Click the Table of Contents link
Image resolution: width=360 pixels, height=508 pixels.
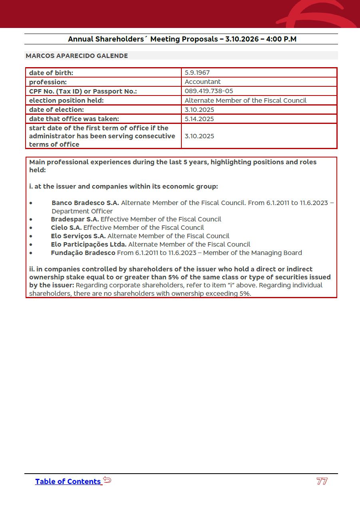click(x=68, y=482)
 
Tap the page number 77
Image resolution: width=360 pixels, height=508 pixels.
click(x=322, y=481)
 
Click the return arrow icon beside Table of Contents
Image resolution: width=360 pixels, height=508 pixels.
click(x=107, y=480)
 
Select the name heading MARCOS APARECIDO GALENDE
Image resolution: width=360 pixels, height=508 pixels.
click(x=77, y=56)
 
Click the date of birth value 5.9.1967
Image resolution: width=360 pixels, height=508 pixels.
click(x=197, y=73)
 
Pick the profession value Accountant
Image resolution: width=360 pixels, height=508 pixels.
click(x=203, y=82)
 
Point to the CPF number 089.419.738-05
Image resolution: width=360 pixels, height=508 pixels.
click(x=209, y=91)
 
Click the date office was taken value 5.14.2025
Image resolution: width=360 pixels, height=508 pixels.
click(x=199, y=119)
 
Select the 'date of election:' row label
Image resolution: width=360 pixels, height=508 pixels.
click(x=56, y=110)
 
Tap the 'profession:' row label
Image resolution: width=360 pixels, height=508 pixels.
click(x=48, y=82)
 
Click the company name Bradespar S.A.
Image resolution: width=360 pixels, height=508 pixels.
click(x=75, y=219)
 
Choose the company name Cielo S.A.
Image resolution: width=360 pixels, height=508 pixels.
click(x=66, y=228)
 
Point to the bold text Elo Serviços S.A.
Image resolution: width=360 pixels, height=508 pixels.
click(x=78, y=236)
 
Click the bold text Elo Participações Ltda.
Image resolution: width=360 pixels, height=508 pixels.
click(x=88, y=245)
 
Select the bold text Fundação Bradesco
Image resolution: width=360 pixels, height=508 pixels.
click(x=83, y=253)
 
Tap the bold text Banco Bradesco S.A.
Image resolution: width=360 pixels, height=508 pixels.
click(x=85, y=203)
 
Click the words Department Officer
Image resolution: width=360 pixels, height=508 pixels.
click(x=82, y=211)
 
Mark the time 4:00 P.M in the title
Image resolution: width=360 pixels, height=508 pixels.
click(x=281, y=39)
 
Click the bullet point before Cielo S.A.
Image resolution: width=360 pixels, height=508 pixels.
click(x=31, y=228)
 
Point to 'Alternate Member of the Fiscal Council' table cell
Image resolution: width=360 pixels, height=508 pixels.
click(x=245, y=101)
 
